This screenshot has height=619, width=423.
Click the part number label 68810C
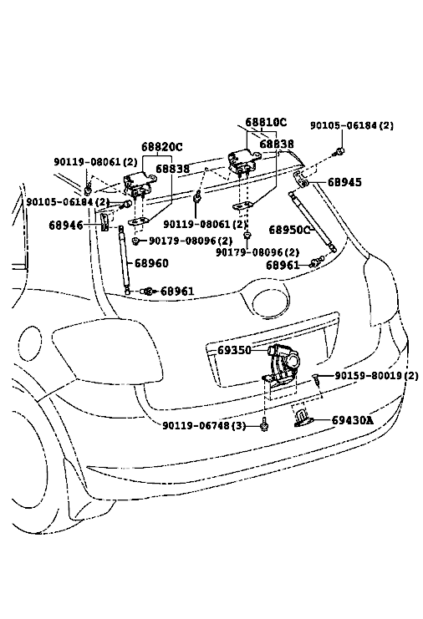click(x=266, y=122)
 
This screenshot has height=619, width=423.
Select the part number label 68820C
click(x=162, y=147)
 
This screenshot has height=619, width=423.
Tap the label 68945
click(x=344, y=182)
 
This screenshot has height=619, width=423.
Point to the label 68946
click(x=66, y=225)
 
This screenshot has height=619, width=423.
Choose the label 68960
click(x=151, y=263)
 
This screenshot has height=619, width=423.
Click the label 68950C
click(x=289, y=230)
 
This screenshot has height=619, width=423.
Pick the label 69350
click(x=234, y=350)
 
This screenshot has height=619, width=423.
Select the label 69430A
click(x=352, y=420)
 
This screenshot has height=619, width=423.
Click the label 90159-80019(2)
click(x=376, y=375)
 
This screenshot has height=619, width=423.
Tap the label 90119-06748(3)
click(x=204, y=425)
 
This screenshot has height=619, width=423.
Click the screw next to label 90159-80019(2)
click(x=316, y=379)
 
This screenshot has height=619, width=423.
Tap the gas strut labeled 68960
click(x=124, y=260)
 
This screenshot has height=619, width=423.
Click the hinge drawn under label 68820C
click(x=139, y=185)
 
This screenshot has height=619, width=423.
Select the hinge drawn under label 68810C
click(x=242, y=161)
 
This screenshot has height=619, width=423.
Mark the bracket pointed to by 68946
click(x=104, y=223)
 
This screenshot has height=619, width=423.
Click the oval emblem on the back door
click(x=271, y=302)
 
